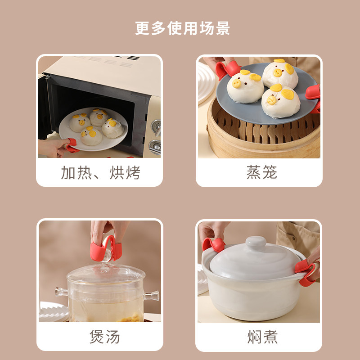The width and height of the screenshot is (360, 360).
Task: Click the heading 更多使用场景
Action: coord(182,28)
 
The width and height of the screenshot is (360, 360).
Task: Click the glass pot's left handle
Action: coord(62,291)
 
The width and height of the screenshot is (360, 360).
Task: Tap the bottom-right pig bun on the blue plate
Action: coord(280,100)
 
